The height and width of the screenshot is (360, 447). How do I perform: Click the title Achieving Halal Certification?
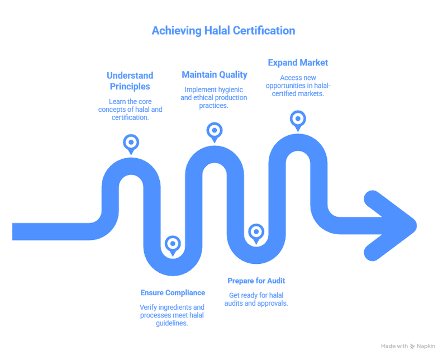coord(223,31)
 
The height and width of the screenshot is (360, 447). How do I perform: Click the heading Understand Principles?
coord(130,81)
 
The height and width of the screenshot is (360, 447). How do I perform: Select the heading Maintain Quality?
coord(214,74)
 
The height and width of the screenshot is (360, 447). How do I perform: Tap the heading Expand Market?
coord(298,62)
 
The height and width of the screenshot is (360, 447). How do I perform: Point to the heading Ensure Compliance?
coord(172,292)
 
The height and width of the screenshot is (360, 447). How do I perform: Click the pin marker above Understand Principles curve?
coord(130,141)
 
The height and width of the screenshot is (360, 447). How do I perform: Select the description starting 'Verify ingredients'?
coord(172,315)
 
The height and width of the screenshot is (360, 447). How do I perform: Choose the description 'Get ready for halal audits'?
coord(258,299)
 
